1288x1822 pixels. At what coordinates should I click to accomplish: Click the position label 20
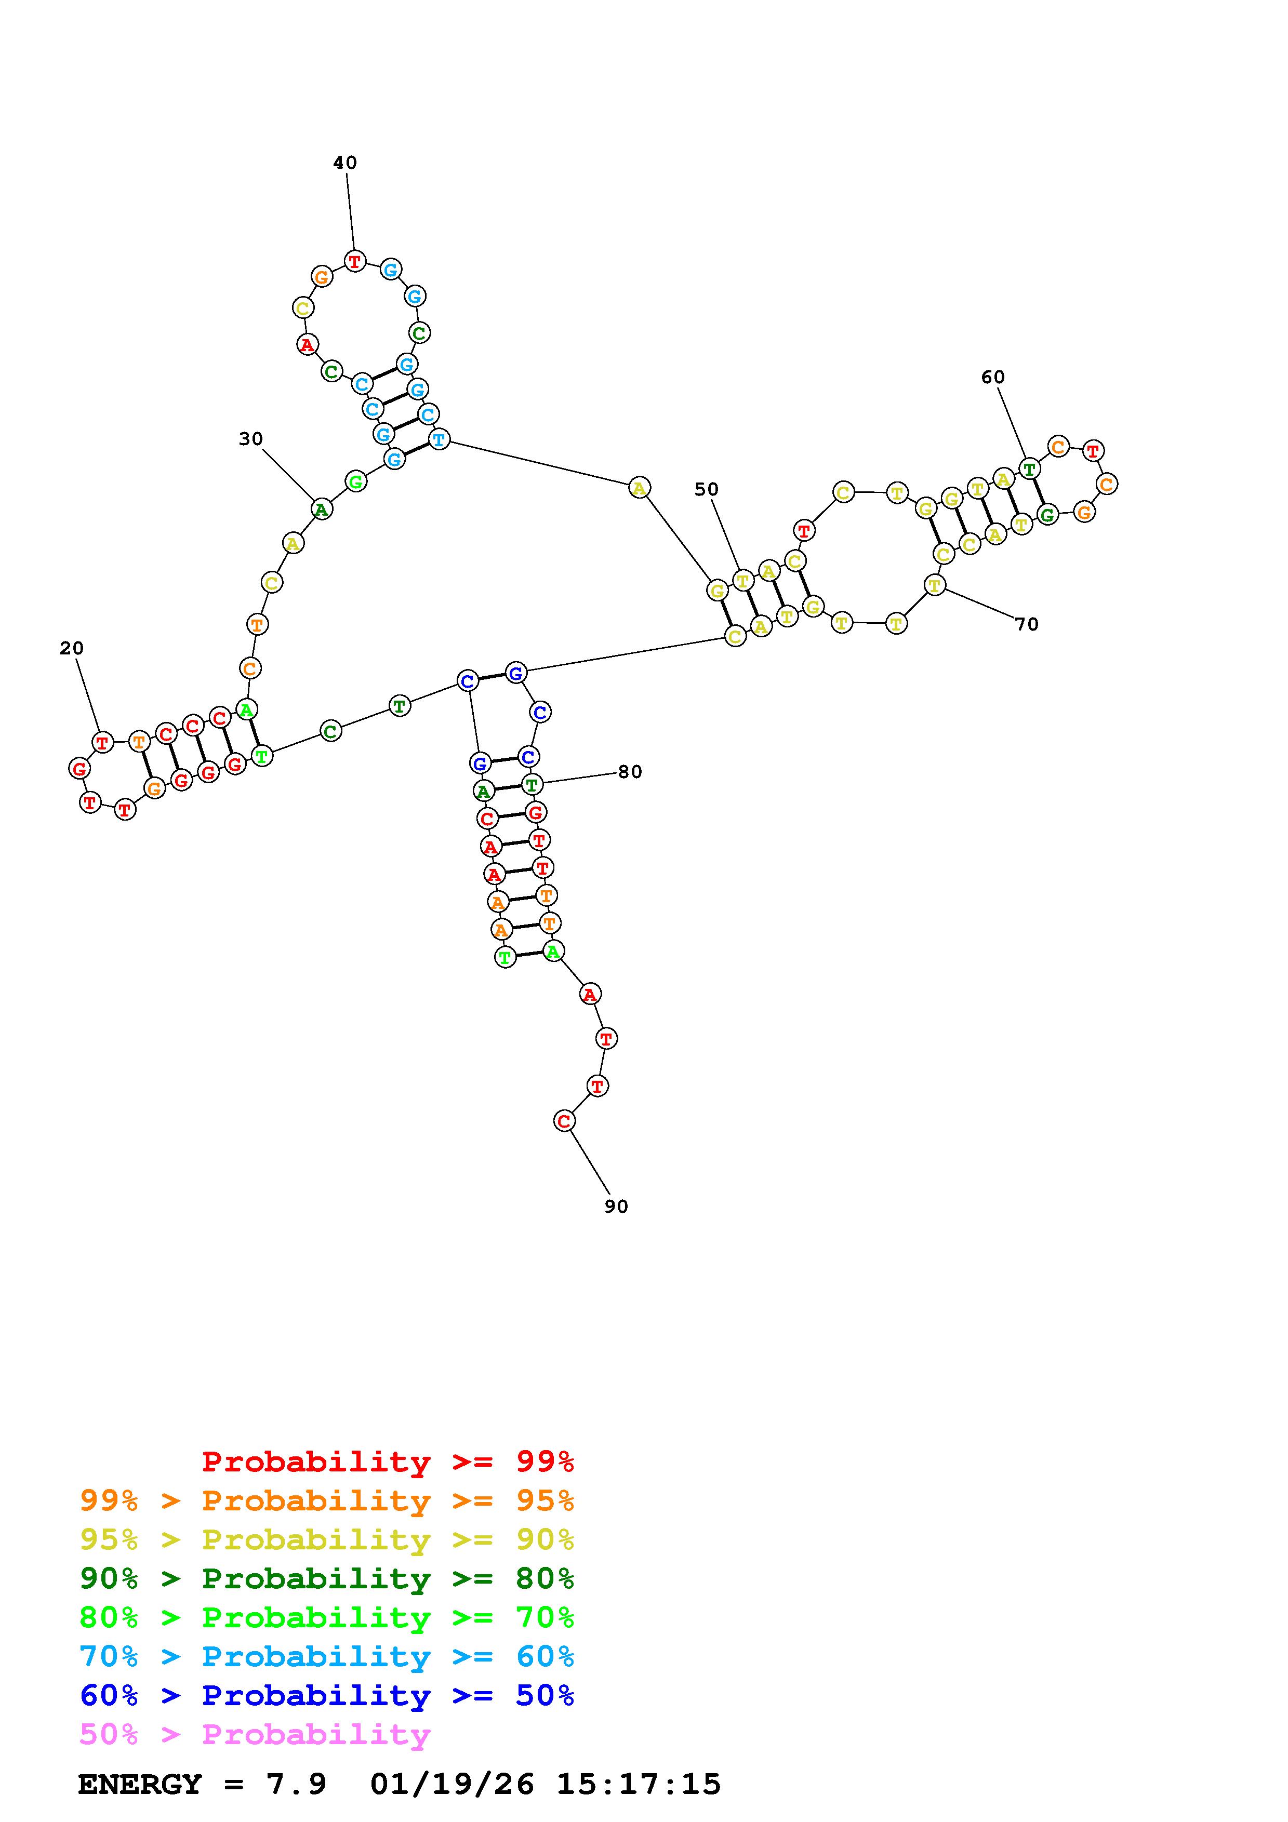[71, 648]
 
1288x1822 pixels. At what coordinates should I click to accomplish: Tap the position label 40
[344, 163]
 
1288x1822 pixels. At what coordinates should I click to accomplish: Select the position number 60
[993, 377]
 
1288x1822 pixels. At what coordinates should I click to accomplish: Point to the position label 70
[1026, 624]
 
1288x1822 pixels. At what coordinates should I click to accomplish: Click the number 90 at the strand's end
[616, 1207]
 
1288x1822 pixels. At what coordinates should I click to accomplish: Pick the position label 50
[706, 490]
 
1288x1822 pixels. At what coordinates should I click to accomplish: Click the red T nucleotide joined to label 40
[355, 261]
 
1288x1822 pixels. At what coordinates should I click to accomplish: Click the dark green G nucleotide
[1047, 515]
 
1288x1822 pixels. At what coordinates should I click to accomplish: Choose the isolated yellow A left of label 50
[639, 488]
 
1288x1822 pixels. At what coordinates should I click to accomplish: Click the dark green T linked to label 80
[532, 785]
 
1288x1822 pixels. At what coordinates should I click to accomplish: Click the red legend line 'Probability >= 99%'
[387, 1462]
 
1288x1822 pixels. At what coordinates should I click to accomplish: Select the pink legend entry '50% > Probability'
[255, 1735]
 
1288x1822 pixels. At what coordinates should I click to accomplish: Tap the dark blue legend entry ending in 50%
[326, 1695]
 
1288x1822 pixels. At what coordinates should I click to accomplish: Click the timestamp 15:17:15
[638, 1784]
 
